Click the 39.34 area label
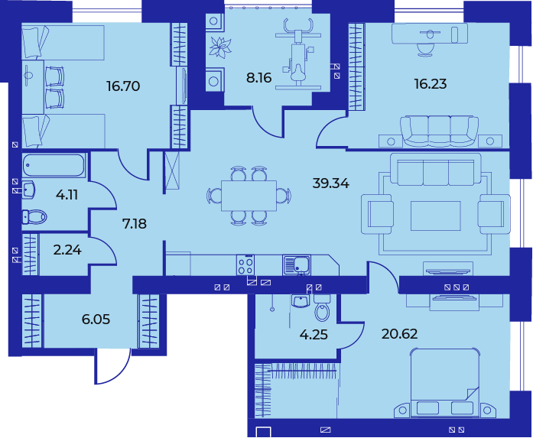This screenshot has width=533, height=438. click(330, 183)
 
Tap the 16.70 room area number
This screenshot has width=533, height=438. click(123, 86)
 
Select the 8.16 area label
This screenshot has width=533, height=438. click(259, 78)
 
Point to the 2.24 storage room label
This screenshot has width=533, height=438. click(67, 250)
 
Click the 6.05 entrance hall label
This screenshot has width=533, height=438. click(96, 320)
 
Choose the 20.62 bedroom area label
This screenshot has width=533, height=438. click(399, 334)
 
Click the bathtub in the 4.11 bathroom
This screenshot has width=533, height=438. click(54, 165)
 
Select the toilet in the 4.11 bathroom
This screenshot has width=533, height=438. click(34, 217)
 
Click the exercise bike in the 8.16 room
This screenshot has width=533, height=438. click(298, 54)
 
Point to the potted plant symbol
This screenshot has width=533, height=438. click(220, 47)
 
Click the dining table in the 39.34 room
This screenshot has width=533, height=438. click(249, 196)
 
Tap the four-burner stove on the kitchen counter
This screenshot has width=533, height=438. click(245, 265)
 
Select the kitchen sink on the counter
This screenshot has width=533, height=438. click(297, 265)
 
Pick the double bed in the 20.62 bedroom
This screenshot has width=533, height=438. click(444, 383)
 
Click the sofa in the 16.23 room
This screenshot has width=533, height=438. click(439, 131)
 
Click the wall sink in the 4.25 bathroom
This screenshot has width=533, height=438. click(301, 301)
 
